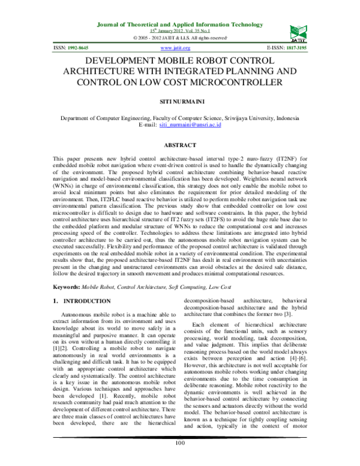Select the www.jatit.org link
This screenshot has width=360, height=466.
(176, 47)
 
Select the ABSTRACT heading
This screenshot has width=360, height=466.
(179, 146)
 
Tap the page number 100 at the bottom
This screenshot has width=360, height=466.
(179, 459)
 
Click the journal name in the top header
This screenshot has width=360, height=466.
(179, 25)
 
